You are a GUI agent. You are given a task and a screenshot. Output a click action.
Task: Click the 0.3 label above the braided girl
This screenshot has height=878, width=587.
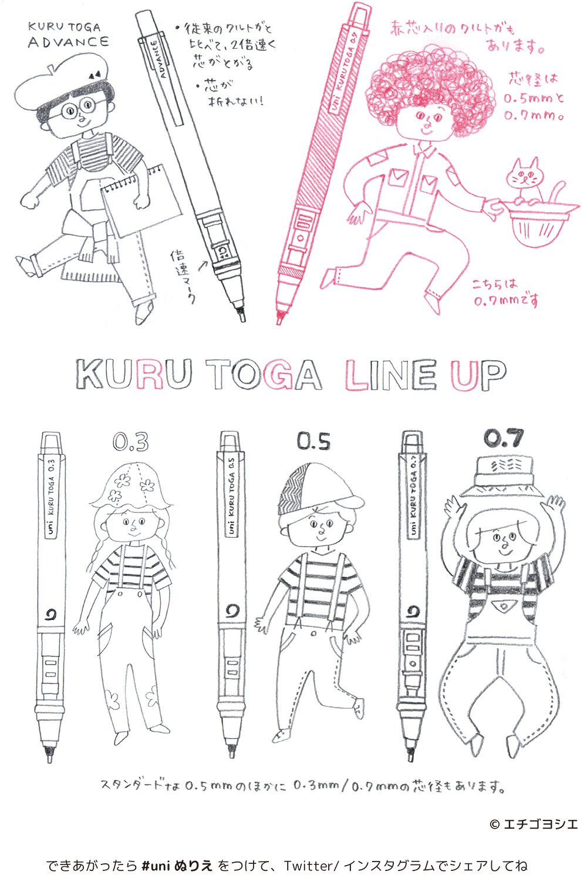click(130, 442)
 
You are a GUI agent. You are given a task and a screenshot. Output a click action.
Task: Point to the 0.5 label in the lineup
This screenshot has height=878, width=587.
click(313, 441)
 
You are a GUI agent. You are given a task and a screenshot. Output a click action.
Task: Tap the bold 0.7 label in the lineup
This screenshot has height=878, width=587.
click(503, 438)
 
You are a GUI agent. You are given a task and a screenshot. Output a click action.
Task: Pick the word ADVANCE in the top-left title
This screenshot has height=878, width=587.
click(68, 42)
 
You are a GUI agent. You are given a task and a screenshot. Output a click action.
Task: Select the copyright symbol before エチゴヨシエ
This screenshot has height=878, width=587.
click(494, 824)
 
